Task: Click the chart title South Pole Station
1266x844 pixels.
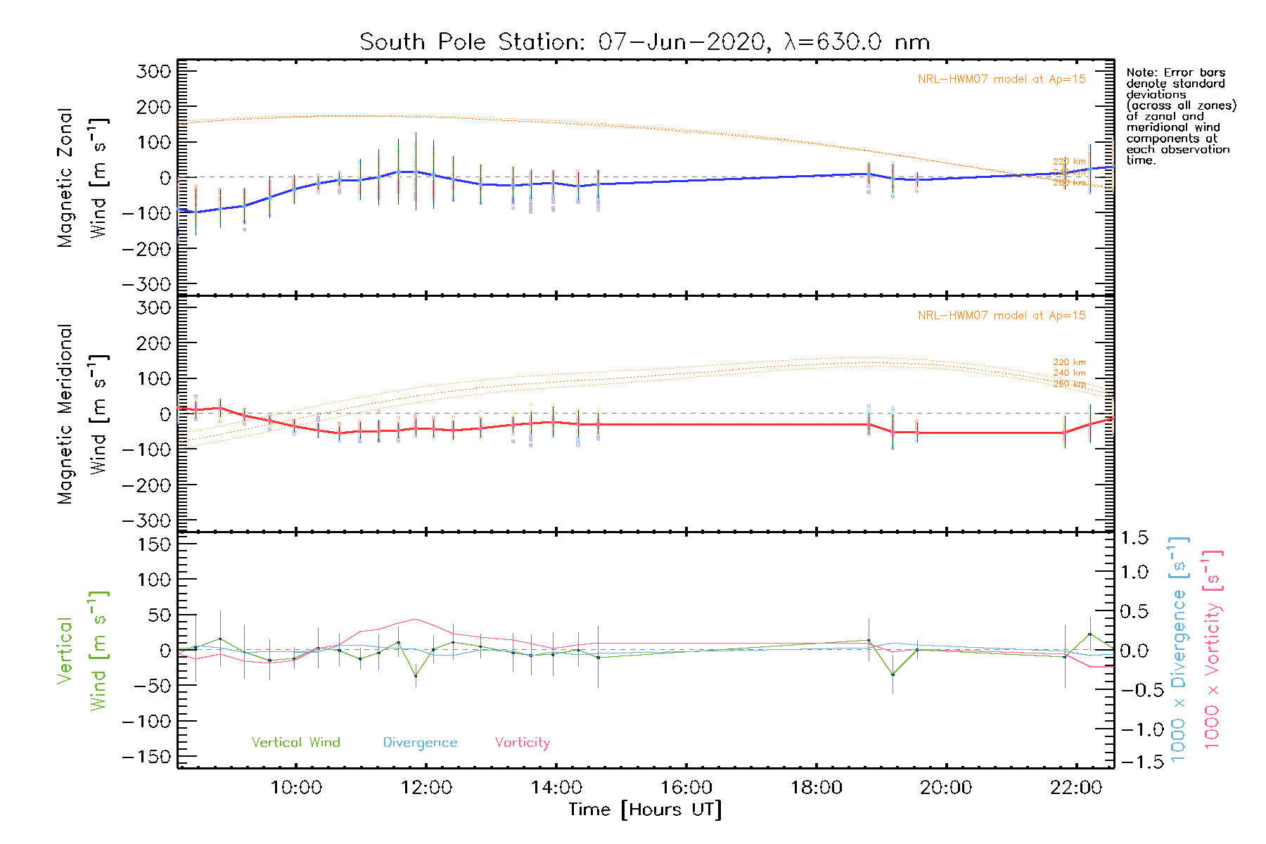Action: tap(644, 42)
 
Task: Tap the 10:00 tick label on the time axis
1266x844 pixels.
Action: tap(296, 788)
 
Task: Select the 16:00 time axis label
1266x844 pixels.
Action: tap(686, 788)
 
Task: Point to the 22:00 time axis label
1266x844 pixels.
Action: tap(1076, 788)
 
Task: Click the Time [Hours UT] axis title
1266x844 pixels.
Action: tap(645, 810)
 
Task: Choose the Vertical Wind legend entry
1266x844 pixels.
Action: tap(295, 743)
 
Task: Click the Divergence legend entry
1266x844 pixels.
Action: tap(420, 743)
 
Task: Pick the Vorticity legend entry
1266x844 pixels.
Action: tap(522, 743)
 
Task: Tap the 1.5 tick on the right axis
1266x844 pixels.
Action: tap(1134, 538)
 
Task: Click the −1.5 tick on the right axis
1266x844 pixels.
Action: tap(1133, 762)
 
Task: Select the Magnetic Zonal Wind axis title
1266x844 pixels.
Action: tap(83, 178)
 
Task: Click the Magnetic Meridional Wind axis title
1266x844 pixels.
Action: tap(83, 414)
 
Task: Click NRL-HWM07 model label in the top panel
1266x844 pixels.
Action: tap(1002, 79)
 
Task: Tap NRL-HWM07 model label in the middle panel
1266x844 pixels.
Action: tap(1002, 316)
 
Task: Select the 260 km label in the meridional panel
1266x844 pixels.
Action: tap(1069, 384)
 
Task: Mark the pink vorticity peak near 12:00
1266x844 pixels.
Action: tap(416, 619)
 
